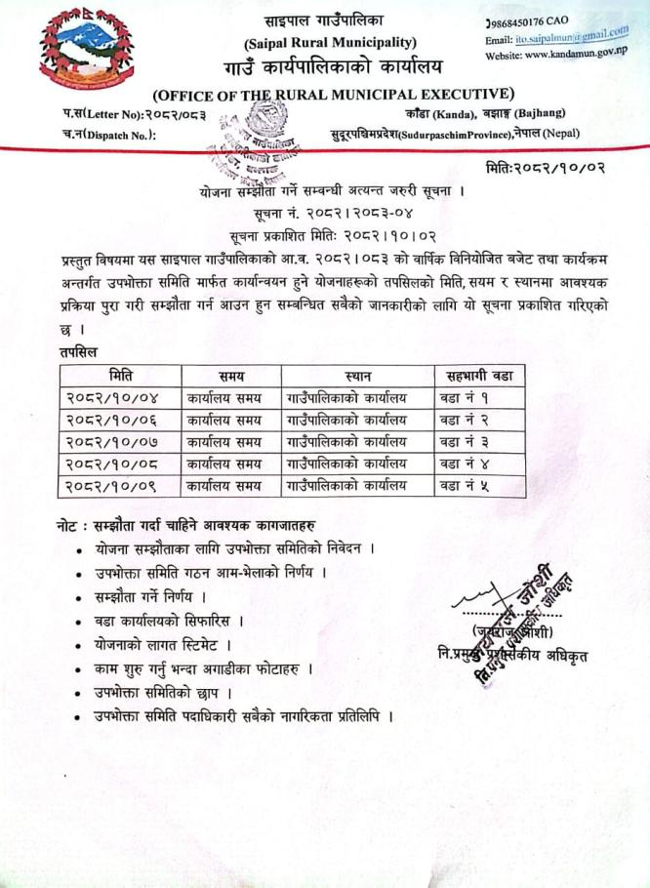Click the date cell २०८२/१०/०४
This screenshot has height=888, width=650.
pos(115,397)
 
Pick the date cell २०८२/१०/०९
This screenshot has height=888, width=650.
pos(115,484)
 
